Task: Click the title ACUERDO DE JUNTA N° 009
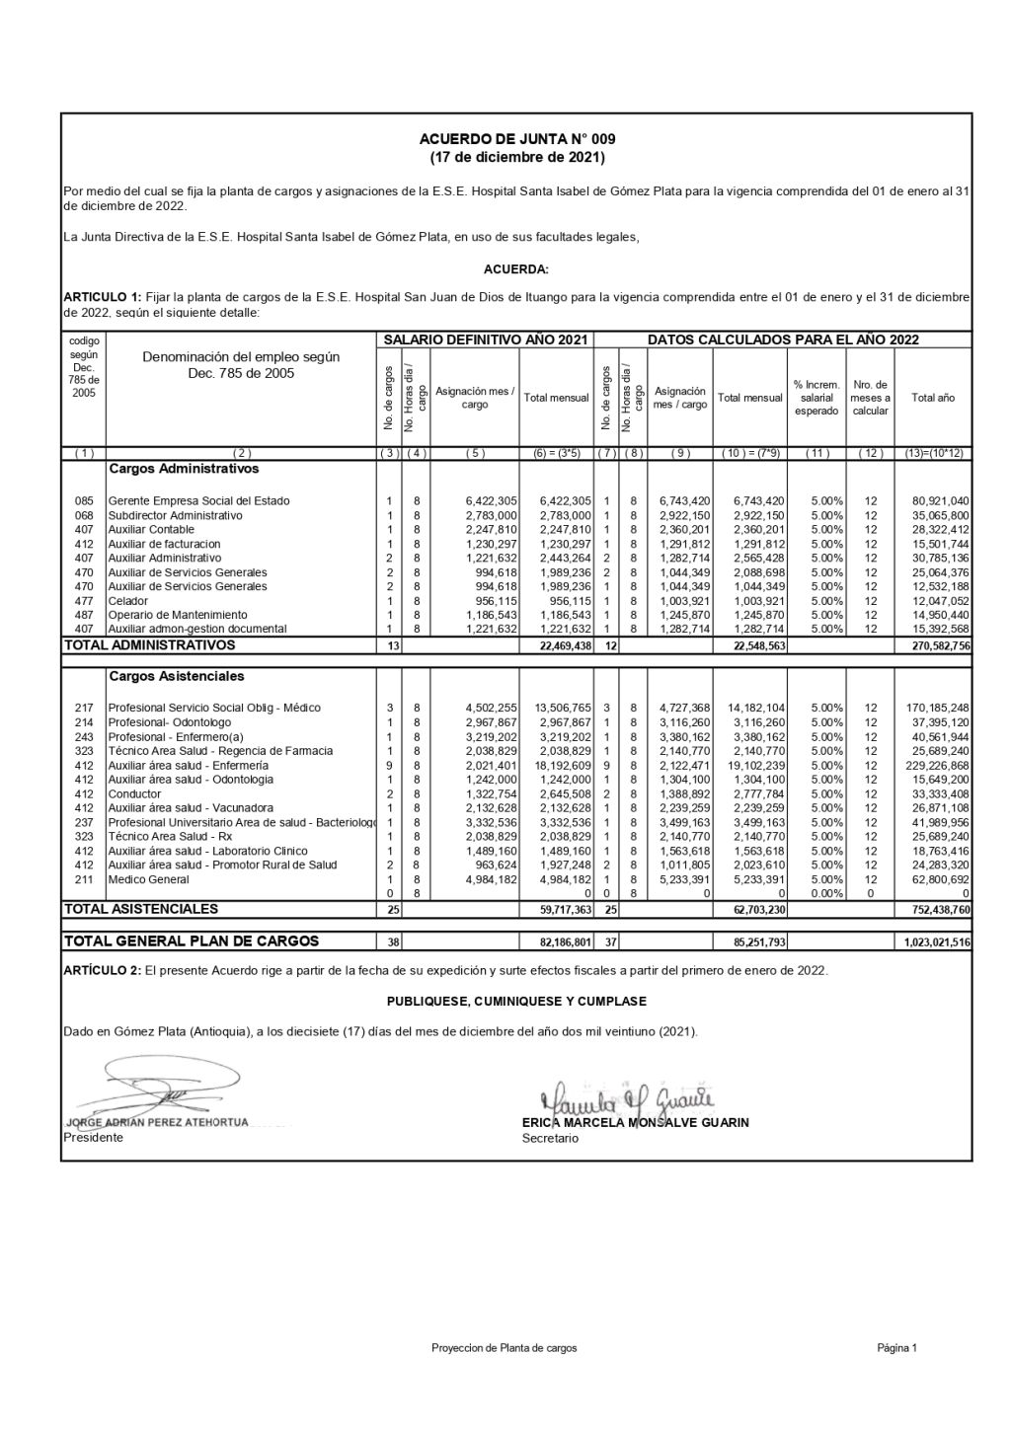pyautogui.click(x=516, y=140)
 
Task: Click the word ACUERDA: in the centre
pyautogui.click(x=516, y=269)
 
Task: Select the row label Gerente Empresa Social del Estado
pyautogui.click(x=198, y=501)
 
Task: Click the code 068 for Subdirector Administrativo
pyautogui.click(x=84, y=515)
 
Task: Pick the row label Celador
pyautogui.click(x=128, y=601)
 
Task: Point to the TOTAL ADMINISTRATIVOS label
pyautogui.click(x=149, y=645)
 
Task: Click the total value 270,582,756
pyautogui.click(x=936, y=646)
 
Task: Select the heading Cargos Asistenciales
pyautogui.click(x=177, y=677)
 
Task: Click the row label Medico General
pyautogui.click(x=148, y=879)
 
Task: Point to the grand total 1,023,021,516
pyautogui.click(x=936, y=942)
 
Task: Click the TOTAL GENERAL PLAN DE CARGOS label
pyautogui.click(x=192, y=941)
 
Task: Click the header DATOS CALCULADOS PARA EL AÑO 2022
pyautogui.click(x=783, y=339)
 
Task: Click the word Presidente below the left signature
pyautogui.click(x=94, y=1138)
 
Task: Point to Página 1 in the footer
pyautogui.click(x=896, y=1348)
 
